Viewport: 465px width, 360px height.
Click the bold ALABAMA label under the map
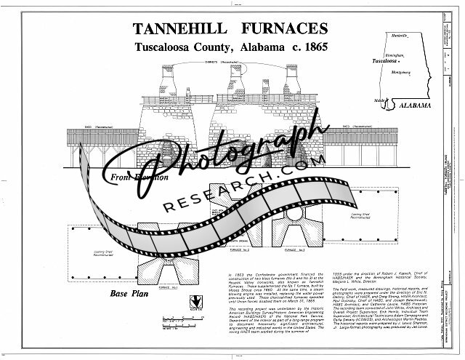tap(417, 106)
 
